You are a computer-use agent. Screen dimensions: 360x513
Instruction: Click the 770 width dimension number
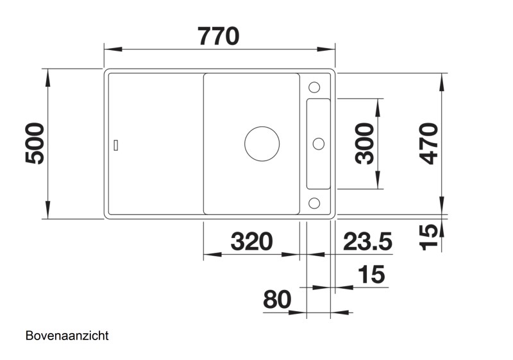[x=219, y=35]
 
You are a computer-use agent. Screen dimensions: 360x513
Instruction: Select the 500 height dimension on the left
[x=36, y=143]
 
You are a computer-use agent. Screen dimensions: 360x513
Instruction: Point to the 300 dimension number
[x=365, y=143]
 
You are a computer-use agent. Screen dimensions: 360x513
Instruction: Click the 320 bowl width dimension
[x=251, y=241]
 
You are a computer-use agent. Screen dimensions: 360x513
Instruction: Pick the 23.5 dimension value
[x=367, y=241]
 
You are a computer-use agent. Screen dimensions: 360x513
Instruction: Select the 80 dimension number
[x=276, y=299]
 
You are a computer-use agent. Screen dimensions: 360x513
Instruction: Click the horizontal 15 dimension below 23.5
[x=371, y=275]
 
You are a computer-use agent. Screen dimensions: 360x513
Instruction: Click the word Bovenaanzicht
[x=67, y=336]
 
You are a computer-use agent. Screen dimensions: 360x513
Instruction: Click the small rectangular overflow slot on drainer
[x=115, y=144]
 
